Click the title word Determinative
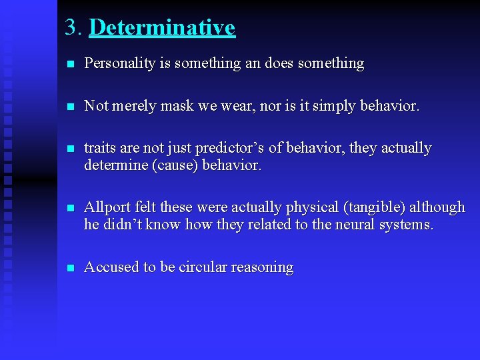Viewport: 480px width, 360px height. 161,27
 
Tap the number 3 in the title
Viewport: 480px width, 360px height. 71,27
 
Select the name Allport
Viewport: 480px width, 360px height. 107,207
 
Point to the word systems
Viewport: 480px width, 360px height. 405,225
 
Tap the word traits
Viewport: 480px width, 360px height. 99,148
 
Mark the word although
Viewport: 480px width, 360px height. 439,207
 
